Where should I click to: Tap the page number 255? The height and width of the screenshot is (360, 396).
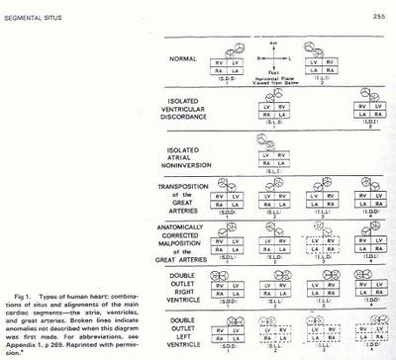pyautogui.click(x=380, y=7)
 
